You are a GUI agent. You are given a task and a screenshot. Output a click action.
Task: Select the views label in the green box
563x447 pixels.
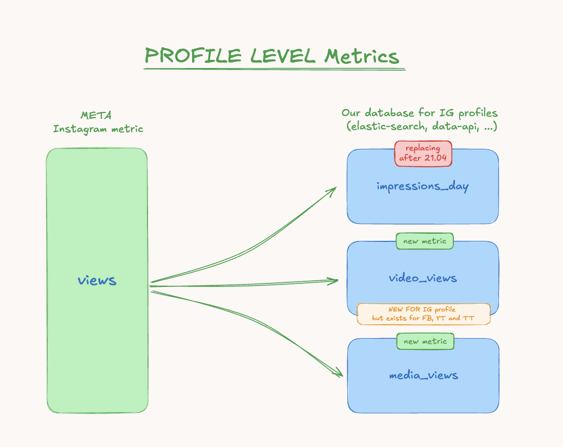pyautogui.click(x=97, y=280)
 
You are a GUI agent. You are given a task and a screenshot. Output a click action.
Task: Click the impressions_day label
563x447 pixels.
pyautogui.click(x=423, y=186)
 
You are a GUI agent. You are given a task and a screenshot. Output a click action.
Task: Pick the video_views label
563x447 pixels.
pyautogui.click(x=423, y=278)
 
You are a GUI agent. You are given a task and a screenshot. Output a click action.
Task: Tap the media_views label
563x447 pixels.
pyautogui.click(x=423, y=375)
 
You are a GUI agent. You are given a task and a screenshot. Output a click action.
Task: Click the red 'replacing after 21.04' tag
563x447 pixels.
pyautogui.click(x=423, y=153)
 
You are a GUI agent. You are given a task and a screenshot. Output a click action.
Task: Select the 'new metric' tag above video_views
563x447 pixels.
pyautogui.click(x=425, y=241)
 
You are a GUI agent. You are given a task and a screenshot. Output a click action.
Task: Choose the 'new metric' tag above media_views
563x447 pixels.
pyautogui.click(x=425, y=341)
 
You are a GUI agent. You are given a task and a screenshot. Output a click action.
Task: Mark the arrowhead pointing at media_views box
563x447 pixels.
pyautogui.click(x=339, y=374)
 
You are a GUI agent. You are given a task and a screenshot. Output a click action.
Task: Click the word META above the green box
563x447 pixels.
pyautogui.click(x=96, y=115)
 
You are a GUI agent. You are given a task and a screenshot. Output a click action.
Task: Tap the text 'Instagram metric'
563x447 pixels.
pyautogui.click(x=98, y=128)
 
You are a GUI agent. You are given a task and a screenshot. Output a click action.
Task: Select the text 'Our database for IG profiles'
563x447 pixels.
pyautogui.click(x=420, y=113)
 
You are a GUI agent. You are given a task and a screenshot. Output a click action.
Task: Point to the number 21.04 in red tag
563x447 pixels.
pyautogui.click(x=435, y=158)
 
